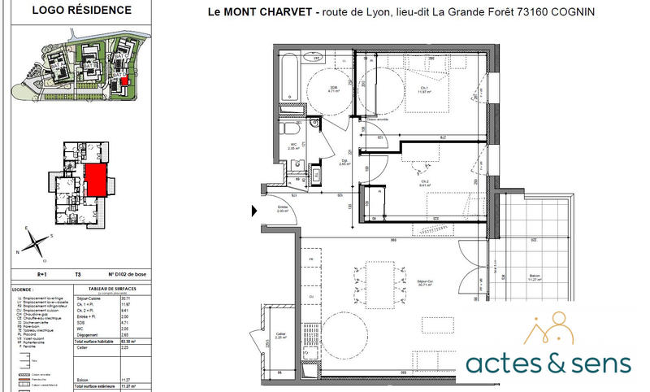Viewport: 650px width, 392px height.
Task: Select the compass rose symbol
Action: (37, 240)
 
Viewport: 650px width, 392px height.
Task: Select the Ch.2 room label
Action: (423, 183)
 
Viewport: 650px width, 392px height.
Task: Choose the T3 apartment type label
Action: (78, 276)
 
